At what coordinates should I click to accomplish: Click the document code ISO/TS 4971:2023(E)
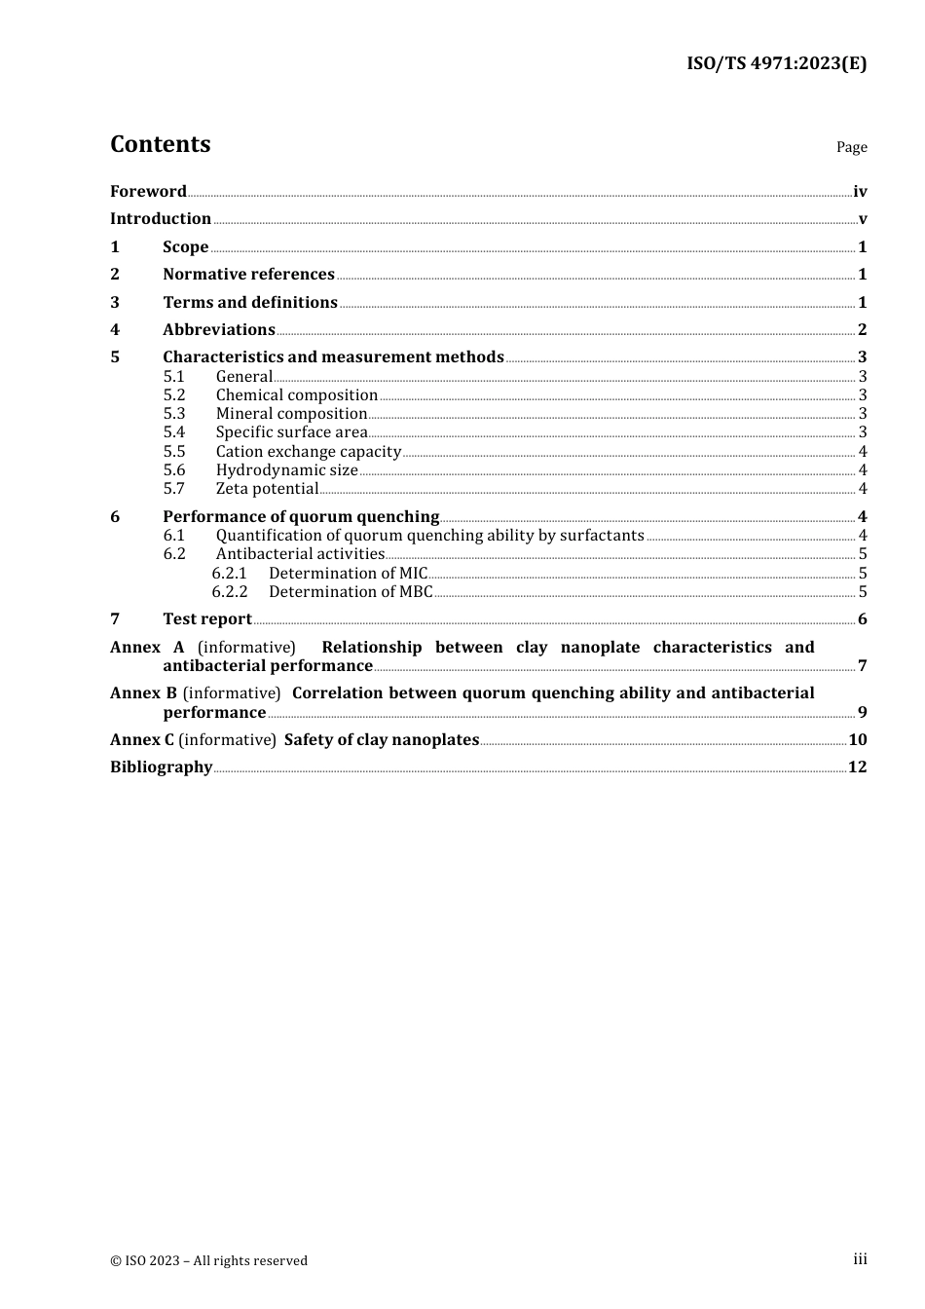point(776,63)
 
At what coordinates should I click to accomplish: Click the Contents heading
point(160,144)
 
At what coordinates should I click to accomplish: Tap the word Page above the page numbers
point(851,147)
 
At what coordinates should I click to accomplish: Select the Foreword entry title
point(148,191)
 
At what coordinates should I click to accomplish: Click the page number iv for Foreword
point(860,192)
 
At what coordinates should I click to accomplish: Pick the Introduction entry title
point(161,218)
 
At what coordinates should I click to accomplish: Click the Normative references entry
point(248,274)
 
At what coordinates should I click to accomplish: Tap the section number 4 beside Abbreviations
point(115,329)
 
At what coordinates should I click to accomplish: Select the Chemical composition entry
point(296,394)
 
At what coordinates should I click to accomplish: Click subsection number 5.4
point(174,431)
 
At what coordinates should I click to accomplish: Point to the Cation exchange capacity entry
point(308,451)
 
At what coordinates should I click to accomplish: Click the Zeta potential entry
point(267,488)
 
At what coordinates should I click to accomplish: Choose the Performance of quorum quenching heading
point(301,516)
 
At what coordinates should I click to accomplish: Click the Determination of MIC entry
point(348,573)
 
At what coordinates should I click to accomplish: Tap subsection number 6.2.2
point(230,591)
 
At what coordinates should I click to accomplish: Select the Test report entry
point(206,618)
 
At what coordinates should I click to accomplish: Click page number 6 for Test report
point(862,619)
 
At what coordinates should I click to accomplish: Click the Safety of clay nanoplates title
point(382,739)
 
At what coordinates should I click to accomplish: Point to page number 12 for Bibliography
point(857,767)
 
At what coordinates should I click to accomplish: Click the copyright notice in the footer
point(208,1260)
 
